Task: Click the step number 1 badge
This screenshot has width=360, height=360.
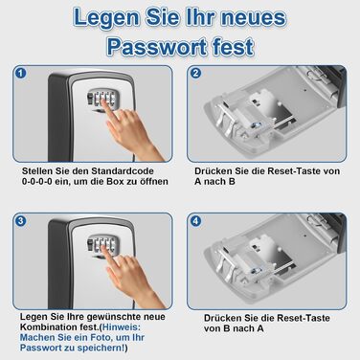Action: pos(21,74)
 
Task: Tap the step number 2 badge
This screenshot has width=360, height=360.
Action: pos(195,74)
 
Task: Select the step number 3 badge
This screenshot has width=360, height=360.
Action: pos(21,221)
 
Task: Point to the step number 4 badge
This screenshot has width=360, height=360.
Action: pos(195,221)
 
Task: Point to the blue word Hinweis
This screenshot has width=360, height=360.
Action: pos(122,327)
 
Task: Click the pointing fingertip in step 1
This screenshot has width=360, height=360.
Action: pos(104,101)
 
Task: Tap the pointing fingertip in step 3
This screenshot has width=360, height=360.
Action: pos(104,249)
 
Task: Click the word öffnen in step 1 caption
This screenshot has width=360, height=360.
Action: pos(154,182)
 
